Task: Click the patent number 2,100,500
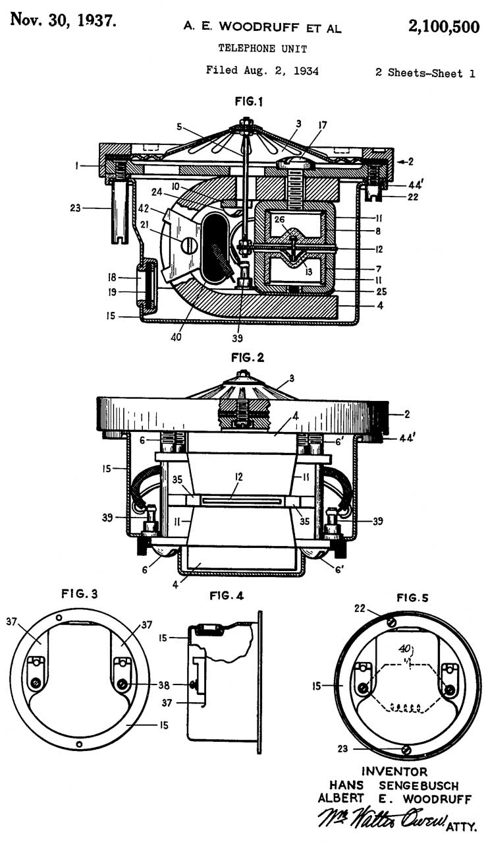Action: click(443, 27)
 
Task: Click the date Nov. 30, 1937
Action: click(63, 20)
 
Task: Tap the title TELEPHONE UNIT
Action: click(263, 48)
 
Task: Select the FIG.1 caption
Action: click(249, 101)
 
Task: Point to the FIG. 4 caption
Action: click(227, 595)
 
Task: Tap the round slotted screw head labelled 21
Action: click(189, 246)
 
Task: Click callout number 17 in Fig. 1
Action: click(323, 125)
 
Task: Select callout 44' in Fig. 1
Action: click(417, 185)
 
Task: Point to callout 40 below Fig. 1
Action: click(176, 336)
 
